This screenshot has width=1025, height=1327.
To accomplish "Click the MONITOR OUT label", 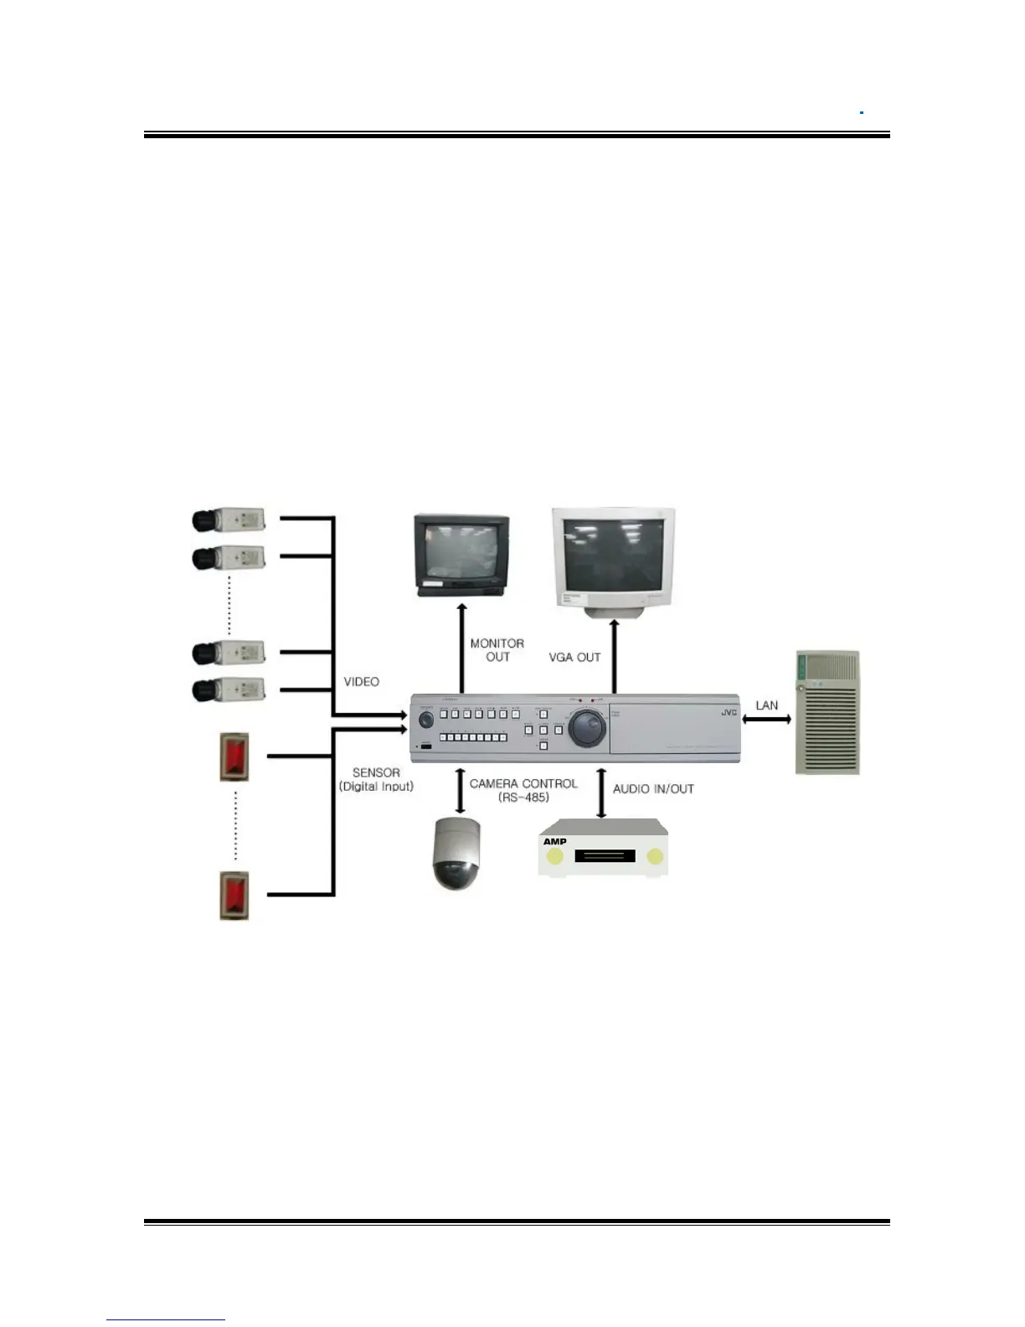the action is [x=497, y=650].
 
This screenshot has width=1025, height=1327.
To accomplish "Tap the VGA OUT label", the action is [x=574, y=658].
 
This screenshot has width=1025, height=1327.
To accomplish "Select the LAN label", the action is [x=766, y=705].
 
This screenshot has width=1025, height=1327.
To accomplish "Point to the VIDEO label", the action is [x=361, y=682].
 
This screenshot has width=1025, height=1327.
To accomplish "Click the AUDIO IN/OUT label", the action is [x=653, y=789].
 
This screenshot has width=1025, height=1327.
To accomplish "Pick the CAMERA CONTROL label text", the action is [x=523, y=784].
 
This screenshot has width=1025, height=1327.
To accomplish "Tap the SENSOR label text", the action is [x=376, y=772].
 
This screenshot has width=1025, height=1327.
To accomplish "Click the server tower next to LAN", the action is [x=827, y=712].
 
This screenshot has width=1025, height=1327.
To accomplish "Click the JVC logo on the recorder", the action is [x=729, y=713].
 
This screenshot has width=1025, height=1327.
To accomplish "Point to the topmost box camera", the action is [x=229, y=519].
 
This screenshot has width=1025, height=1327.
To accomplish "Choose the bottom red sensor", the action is [x=234, y=896].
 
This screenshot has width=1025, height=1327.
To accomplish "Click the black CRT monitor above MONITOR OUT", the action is [x=461, y=555].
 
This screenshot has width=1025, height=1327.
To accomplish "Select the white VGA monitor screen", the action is [x=613, y=555].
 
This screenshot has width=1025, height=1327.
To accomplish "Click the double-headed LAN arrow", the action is [x=767, y=719].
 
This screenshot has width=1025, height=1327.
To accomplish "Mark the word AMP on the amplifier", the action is [x=554, y=842].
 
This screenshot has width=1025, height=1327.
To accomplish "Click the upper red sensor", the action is [x=234, y=756].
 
